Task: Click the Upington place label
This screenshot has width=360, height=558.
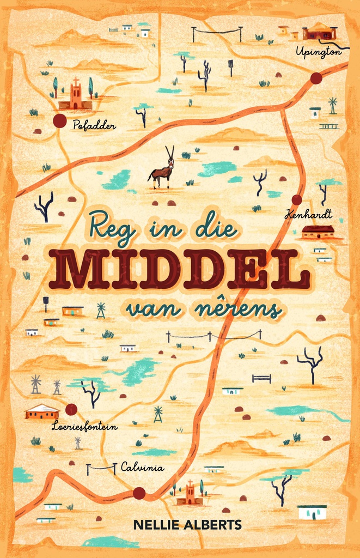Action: tap(318, 52)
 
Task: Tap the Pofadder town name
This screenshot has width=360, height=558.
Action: tap(94, 126)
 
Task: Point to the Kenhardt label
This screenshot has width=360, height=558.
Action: tap(308, 214)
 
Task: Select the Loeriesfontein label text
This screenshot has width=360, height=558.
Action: tap(84, 427)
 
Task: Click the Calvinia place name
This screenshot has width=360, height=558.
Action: tap(142, 466)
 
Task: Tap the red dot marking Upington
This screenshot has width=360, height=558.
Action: tap(316, 78)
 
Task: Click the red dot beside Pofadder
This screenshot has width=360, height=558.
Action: tap(60, 120)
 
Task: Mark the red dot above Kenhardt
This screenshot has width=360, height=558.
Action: tap(297, 200)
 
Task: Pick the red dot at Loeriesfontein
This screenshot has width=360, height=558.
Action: tap(70, 409)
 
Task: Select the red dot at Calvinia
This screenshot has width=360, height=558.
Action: tap(139, 493)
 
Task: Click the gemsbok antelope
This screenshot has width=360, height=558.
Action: tap(162, 169)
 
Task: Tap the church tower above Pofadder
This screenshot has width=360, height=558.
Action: tap(75, 95)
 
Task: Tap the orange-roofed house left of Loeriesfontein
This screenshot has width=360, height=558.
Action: tap(42, 411)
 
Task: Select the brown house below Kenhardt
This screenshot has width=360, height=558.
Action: tap(318, 232)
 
